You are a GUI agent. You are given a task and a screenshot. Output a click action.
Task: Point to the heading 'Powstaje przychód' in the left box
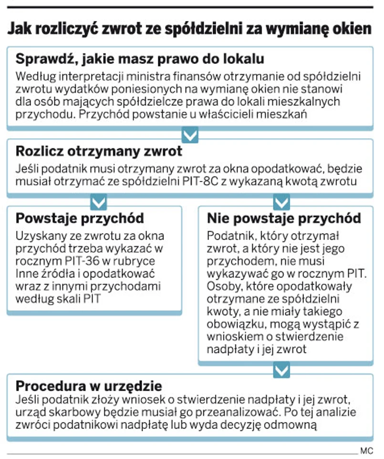pos(80,219)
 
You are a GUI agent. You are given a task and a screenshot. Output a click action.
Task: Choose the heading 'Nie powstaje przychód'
pos(284,219)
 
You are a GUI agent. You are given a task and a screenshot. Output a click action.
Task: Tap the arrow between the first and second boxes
pos(190,135)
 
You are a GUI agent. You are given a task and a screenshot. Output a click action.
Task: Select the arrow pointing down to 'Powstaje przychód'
pos(98,203)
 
